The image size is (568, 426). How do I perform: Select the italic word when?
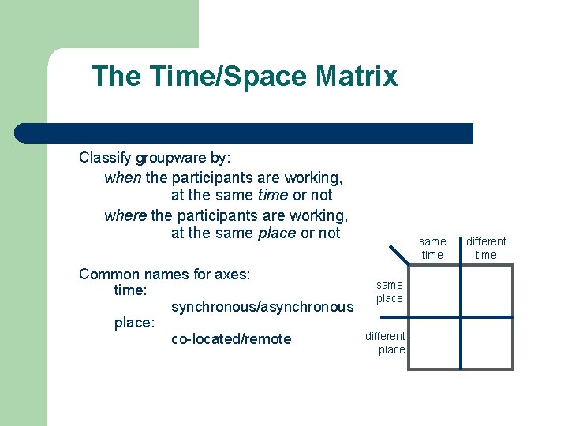click(x=122, y=177)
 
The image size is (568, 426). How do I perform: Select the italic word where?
click(x=125, y=215)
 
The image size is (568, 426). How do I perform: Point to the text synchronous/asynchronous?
click(x=262, y=307)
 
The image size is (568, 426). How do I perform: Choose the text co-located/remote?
click(x=231, y=339)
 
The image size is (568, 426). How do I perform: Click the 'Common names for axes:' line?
click(x=165, y=275)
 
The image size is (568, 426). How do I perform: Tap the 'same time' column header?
click(x=432, y=248)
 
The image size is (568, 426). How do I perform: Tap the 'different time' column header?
click(x=486, y=248)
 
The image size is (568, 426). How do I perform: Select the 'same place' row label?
click(x=389, y=291)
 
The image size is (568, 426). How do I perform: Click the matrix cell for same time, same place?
click(x=434, y=291)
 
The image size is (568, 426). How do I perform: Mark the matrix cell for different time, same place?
click(x=487, y=291)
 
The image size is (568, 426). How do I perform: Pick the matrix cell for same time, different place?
click(x=434, y=342)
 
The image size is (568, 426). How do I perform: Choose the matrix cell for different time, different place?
click(x=487, y=342)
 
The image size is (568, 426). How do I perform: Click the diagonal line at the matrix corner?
click(x=398, y=254)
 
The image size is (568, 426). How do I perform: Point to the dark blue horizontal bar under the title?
click(x=245, y=133)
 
